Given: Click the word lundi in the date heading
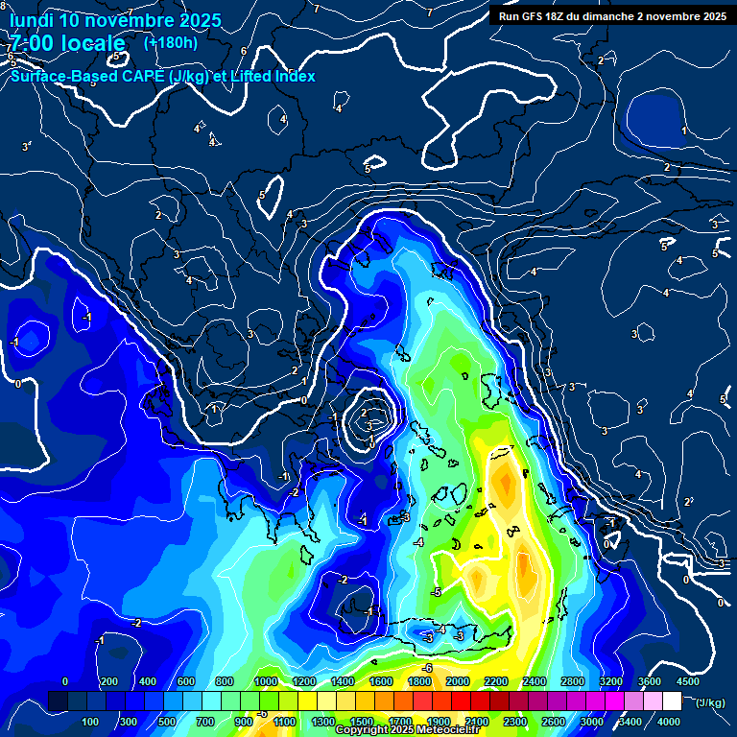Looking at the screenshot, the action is click(31, 20).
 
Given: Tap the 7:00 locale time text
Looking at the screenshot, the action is click(67, 43).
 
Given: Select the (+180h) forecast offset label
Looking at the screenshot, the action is click(171, 42).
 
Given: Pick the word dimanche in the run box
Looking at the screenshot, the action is click(626, 16).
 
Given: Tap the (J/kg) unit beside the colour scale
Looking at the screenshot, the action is click(709, 703).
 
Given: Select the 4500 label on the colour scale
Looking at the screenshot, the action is click(687, 681).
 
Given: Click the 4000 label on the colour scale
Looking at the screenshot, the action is click(669, 722).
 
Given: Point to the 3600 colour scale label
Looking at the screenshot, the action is click(649, 681).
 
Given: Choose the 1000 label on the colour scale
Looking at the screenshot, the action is click(266, 681).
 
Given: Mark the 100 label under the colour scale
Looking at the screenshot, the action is click(90, 722).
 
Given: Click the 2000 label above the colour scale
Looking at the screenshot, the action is click(458, 681).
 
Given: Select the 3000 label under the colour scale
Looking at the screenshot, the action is click(592, 722).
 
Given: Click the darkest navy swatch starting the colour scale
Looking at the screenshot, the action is click(58, 702).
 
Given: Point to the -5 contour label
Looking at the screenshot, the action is click(437, 592).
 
